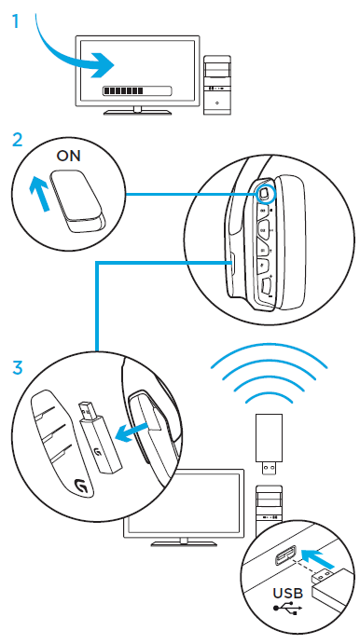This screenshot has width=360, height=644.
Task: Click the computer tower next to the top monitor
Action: [x=216, y=85]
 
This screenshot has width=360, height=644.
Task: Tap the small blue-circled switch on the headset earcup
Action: [x=264, y=193]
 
